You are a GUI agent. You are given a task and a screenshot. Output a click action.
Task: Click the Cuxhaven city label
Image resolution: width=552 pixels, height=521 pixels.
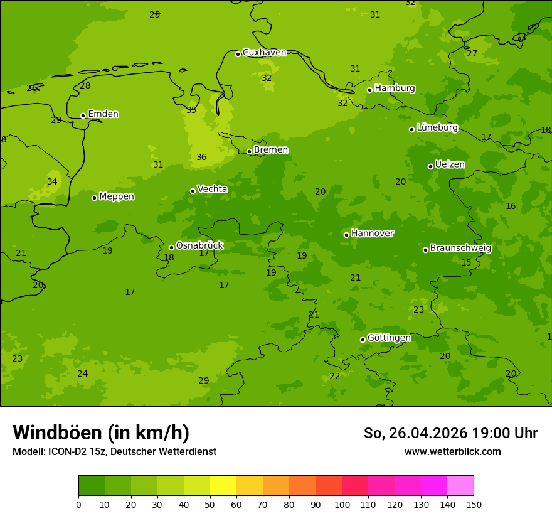click(x=264, y=53)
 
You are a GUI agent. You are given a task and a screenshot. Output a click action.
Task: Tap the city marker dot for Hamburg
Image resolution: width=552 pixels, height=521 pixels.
click(x=369, y=90)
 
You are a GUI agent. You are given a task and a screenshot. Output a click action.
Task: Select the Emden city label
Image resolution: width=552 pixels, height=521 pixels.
click(x=103, y=114)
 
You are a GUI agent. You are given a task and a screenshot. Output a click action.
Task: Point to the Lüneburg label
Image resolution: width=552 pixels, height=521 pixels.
click(x=437, y=128)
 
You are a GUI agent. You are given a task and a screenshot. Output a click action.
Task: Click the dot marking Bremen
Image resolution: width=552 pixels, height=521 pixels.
click(x=249, y=151)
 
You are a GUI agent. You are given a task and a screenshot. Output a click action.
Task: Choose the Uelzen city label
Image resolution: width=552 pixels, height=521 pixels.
click(x=450, y=165)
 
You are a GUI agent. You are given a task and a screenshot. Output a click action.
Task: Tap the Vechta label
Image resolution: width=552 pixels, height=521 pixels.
click(x=212, y=189)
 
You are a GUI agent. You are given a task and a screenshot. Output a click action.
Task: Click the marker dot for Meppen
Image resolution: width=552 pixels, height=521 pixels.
click(x=94, y=198)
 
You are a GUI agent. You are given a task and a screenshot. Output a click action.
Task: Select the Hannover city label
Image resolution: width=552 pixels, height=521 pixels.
click(x=372, y=234)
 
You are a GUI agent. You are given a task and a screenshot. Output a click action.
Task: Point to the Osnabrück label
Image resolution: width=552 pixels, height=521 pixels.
click(x=199, y=246)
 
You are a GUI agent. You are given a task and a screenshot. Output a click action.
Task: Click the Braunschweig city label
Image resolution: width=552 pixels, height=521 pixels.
click(x=460, y=249)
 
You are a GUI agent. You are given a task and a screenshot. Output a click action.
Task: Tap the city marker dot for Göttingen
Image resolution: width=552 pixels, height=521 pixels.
click(x=363, y=340)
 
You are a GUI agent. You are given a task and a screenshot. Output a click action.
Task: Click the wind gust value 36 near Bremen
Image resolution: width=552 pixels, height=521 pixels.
click(x=201, y=158)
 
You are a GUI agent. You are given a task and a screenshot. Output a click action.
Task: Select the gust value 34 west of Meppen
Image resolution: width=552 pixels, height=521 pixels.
click(x=52, y=182)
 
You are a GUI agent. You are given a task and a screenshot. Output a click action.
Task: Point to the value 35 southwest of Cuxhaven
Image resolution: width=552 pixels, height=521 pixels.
click(x=191, y=110)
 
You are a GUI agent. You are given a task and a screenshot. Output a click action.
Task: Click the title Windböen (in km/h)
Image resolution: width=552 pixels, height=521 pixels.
click(x=101, y=432)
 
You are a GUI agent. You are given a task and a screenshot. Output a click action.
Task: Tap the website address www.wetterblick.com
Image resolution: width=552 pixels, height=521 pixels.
click(x=452, y=452)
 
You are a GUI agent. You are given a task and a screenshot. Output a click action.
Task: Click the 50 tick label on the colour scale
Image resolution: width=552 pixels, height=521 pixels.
click(x=210, y=505)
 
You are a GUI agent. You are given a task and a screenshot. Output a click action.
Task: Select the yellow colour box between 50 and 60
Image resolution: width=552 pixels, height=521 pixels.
click(x=223, y=486)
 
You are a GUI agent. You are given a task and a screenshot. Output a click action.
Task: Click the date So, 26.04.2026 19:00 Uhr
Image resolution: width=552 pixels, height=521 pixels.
click(x=450, y=433)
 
